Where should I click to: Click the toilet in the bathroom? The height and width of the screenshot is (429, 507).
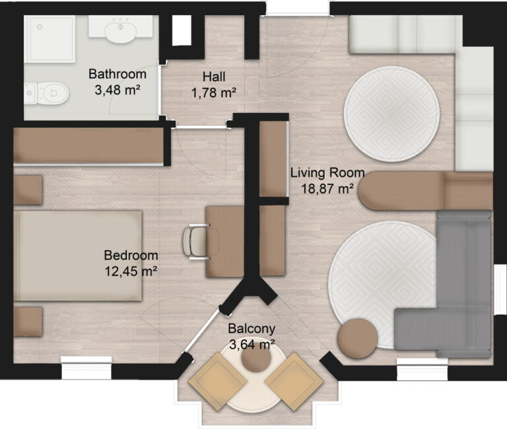[50, 93]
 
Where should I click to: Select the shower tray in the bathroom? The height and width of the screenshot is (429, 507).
[50, 40]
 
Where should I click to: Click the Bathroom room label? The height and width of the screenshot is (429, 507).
[118, 73]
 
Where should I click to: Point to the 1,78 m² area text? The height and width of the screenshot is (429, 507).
[214, 93]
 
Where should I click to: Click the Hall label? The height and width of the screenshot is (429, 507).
[215, 76]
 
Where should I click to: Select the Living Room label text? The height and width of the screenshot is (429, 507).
[327, 173]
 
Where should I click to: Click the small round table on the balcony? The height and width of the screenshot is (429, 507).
[255, 360]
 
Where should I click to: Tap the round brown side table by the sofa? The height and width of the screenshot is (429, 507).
[357, 338]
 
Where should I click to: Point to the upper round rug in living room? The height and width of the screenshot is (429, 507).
[391, 113]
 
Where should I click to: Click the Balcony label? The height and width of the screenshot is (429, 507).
[252, 329]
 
